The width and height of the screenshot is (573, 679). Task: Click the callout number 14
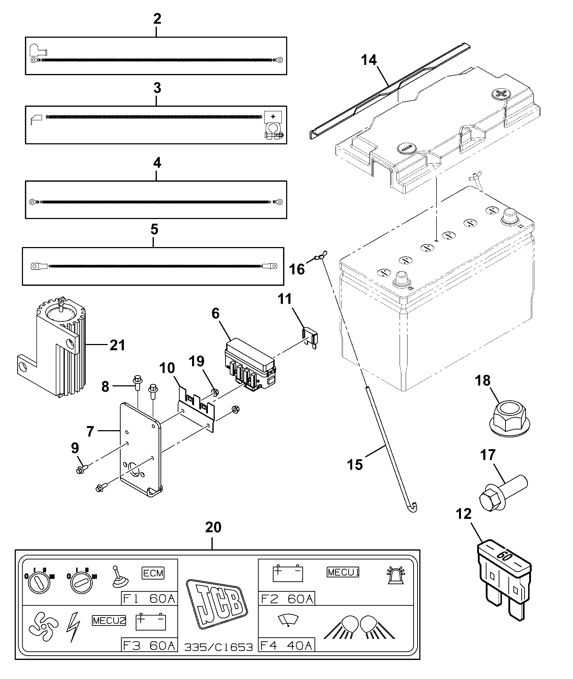coord(369,60)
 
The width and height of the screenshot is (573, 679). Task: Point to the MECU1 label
coord(343,572)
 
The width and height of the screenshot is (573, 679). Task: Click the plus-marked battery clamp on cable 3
coord(274,125)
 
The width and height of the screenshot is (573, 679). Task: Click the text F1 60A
coord(149,599)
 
